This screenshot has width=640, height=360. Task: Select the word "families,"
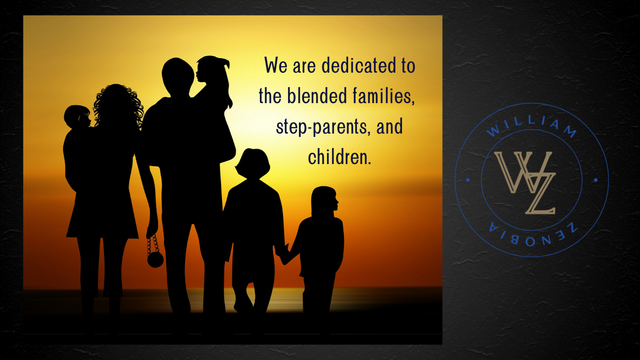coord(383,96)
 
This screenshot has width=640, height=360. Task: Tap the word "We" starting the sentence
coord(275,65)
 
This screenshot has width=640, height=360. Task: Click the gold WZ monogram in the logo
coord(525,182)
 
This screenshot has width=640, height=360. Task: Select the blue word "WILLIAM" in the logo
coord(531,126)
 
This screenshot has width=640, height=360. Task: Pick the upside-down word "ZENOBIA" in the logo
coord(533,234)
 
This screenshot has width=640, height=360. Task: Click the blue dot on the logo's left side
coord(468,180)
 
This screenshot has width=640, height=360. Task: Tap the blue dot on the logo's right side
coord(595,180)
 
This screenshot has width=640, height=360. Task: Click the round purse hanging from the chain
coord(155,259)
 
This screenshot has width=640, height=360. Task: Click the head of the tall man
coord(178,76)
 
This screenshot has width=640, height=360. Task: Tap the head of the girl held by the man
coord(212,70)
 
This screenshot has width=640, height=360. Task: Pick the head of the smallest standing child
coord(324,200)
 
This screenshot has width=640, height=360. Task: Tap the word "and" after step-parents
coord(389,127)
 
